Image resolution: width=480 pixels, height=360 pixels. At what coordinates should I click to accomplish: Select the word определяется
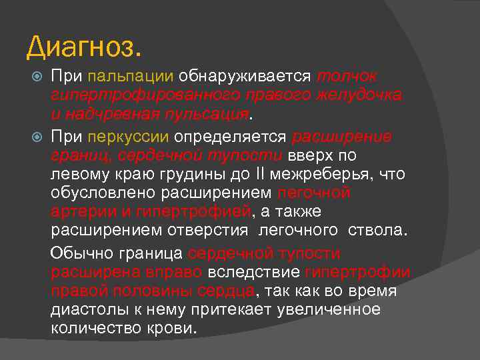[231, 137]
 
